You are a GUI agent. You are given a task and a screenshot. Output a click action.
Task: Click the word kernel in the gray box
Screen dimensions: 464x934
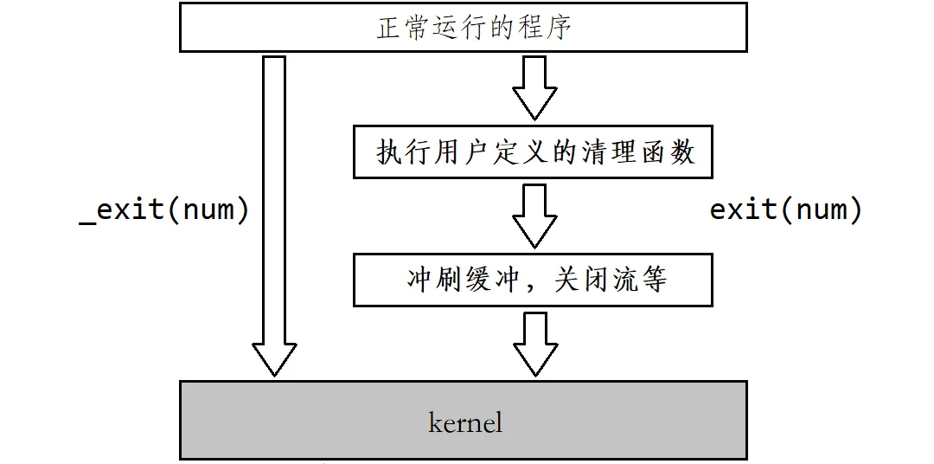click(465, 422)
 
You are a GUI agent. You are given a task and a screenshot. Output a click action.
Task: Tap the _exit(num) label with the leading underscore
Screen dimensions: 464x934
click(163, 210)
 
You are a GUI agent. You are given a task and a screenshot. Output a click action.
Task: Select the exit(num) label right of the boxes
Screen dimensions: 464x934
click(786, 209)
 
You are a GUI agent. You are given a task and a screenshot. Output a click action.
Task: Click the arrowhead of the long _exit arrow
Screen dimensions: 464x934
click(274, 357)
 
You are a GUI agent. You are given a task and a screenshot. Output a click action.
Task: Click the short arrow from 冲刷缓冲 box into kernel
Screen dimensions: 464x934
click(534, 344)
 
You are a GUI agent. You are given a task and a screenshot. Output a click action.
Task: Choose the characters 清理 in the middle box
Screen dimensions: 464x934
click(607, 153)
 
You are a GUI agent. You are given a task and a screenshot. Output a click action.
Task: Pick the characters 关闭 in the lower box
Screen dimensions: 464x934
click(579, 280)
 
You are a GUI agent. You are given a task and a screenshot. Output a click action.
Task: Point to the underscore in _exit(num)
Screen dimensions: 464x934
click(87, 222)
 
